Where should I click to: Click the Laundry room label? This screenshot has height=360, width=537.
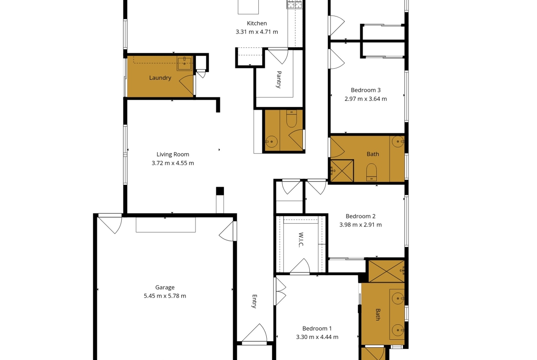160,78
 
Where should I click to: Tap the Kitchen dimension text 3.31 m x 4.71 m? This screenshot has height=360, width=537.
257,32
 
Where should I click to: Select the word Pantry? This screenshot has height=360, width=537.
279,79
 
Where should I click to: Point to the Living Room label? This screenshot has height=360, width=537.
173,155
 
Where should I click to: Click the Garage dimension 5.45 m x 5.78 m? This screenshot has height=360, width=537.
165,296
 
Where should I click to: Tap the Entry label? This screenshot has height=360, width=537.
254,301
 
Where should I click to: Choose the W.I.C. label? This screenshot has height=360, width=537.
301,240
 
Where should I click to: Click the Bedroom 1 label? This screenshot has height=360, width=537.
317,328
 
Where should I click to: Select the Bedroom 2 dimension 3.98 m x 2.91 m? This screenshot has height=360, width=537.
361,225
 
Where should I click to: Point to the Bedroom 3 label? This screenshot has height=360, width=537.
366,90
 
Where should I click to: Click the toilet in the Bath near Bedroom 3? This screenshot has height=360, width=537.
371,172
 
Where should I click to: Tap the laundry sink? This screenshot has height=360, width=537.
185,63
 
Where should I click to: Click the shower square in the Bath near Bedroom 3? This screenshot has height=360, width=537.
342,171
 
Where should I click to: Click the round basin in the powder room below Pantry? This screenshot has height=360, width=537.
272,141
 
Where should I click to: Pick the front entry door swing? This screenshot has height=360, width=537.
254,332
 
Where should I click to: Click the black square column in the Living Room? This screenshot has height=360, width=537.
220,191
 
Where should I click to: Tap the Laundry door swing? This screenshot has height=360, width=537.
187,85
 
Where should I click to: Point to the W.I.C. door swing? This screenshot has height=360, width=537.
300,266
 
